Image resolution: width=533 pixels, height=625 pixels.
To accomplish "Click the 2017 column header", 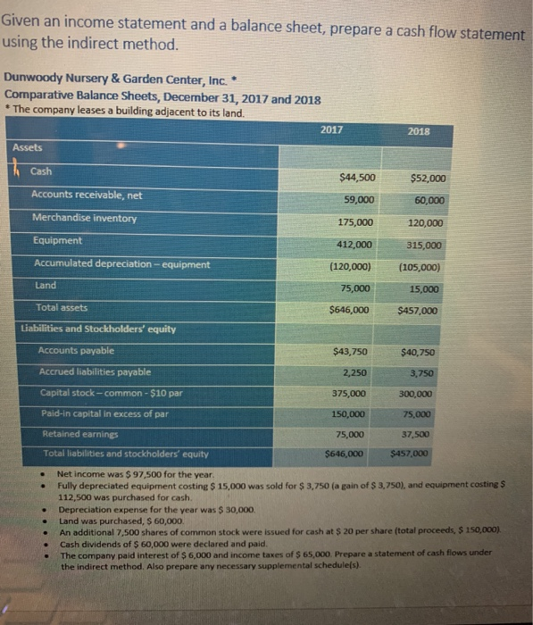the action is coord(331,129).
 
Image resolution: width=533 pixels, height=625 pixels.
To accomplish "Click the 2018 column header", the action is coord(418,130).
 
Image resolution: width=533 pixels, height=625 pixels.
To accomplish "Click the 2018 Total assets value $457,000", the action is coord(418,311).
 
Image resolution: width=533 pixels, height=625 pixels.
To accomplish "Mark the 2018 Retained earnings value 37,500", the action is coord(416,435).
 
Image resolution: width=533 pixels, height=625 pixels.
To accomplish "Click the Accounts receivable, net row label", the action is coord(87,195).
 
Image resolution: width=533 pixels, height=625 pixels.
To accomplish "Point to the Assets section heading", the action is coord(27,147).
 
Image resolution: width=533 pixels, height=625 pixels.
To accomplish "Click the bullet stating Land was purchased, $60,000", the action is coord(121,520).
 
